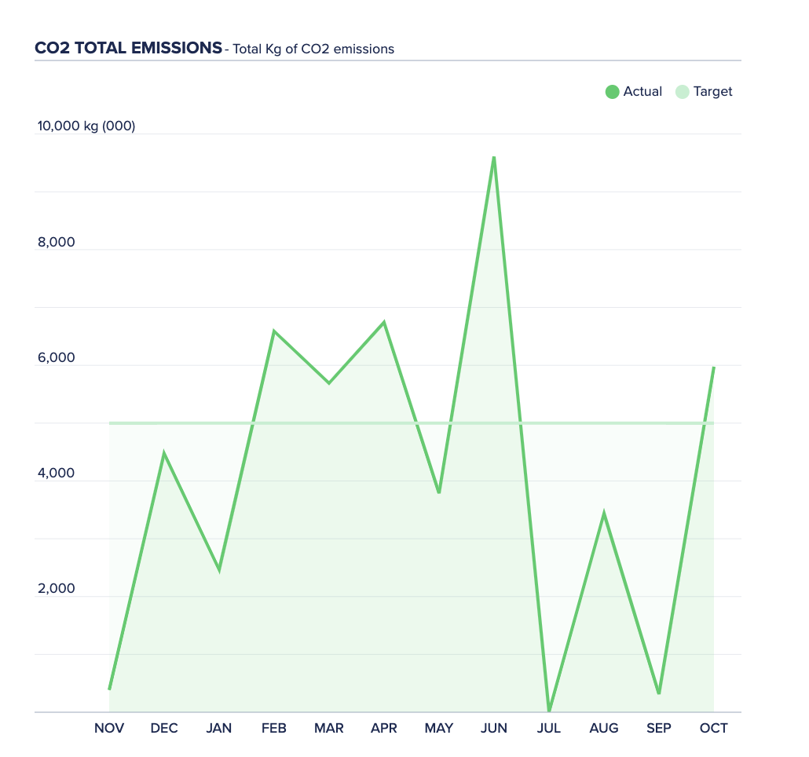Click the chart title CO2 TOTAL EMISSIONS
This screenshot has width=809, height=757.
pyautogui.click(x=128, y=48)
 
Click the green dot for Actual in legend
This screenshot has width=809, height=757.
pyautogui.click(x=613, y=92)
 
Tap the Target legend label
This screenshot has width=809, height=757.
pyautogui.click(x=712, y=92)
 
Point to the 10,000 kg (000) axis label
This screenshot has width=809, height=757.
pyautogui.click(x=86, y=126)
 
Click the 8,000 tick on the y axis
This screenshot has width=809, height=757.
pyautogui.click(x=57, y=242)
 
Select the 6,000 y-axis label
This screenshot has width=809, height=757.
pyautogui.click(x=57, y=358)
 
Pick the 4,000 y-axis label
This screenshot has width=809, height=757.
pyautogui.click(x=57, y=474)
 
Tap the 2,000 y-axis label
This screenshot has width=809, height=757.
pyautogui.click(x=57, y=589)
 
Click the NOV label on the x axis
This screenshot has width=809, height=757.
pyautogui.click(x=109, y=728)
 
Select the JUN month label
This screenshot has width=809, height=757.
pyautogui.click(x=494, y=728)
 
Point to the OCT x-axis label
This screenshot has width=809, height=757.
pyautogui.click(x=714, y=728)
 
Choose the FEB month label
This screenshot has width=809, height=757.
pyautogui.click(x=274, y=728)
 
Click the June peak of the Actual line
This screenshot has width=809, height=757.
pyautogui.click(x=494, y=157)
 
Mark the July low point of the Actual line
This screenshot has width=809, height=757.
pyautogui.click(x=549, y=711)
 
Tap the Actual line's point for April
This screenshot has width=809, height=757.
pyautogui.click(x=384, y=322)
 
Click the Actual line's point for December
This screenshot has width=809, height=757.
pyautogui.click(x=164, y=453)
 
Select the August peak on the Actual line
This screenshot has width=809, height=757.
pyautogui.click(x=604, y=514)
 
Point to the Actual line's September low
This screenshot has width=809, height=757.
pyautogui.click(x=659, y=693)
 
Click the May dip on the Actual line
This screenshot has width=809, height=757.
pyautogui.click(x=439, y=492)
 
